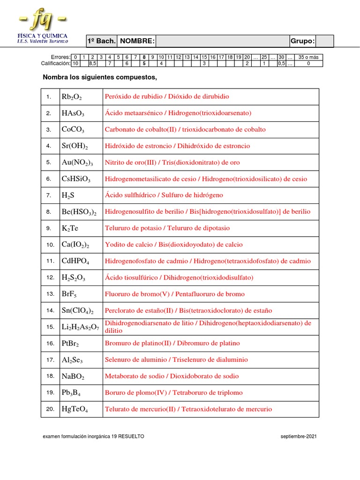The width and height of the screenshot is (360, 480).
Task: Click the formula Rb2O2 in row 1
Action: [x=72, y=97]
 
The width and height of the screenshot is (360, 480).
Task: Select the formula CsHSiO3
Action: [x=76, y=179]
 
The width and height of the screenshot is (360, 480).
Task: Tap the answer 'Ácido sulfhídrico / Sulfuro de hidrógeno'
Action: [x=164, y=195]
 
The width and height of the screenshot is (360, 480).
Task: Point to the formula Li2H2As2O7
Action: [x=80, y=327]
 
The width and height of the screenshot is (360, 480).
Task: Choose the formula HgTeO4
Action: [x=75, y=409]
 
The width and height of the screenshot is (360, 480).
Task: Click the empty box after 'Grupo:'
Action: [x=325, y=41]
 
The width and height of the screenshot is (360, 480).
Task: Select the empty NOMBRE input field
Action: [x=223, y=41]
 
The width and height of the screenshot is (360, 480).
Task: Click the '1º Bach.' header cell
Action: [x=101, y=41]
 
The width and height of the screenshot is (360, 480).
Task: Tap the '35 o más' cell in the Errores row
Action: [x=308, y=57]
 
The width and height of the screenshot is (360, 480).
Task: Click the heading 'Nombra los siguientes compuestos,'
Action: [x=99, y=77]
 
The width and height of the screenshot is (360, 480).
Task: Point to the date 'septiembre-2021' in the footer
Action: [x=299, y=436]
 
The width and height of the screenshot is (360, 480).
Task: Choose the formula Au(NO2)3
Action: [x=77, y=162]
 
